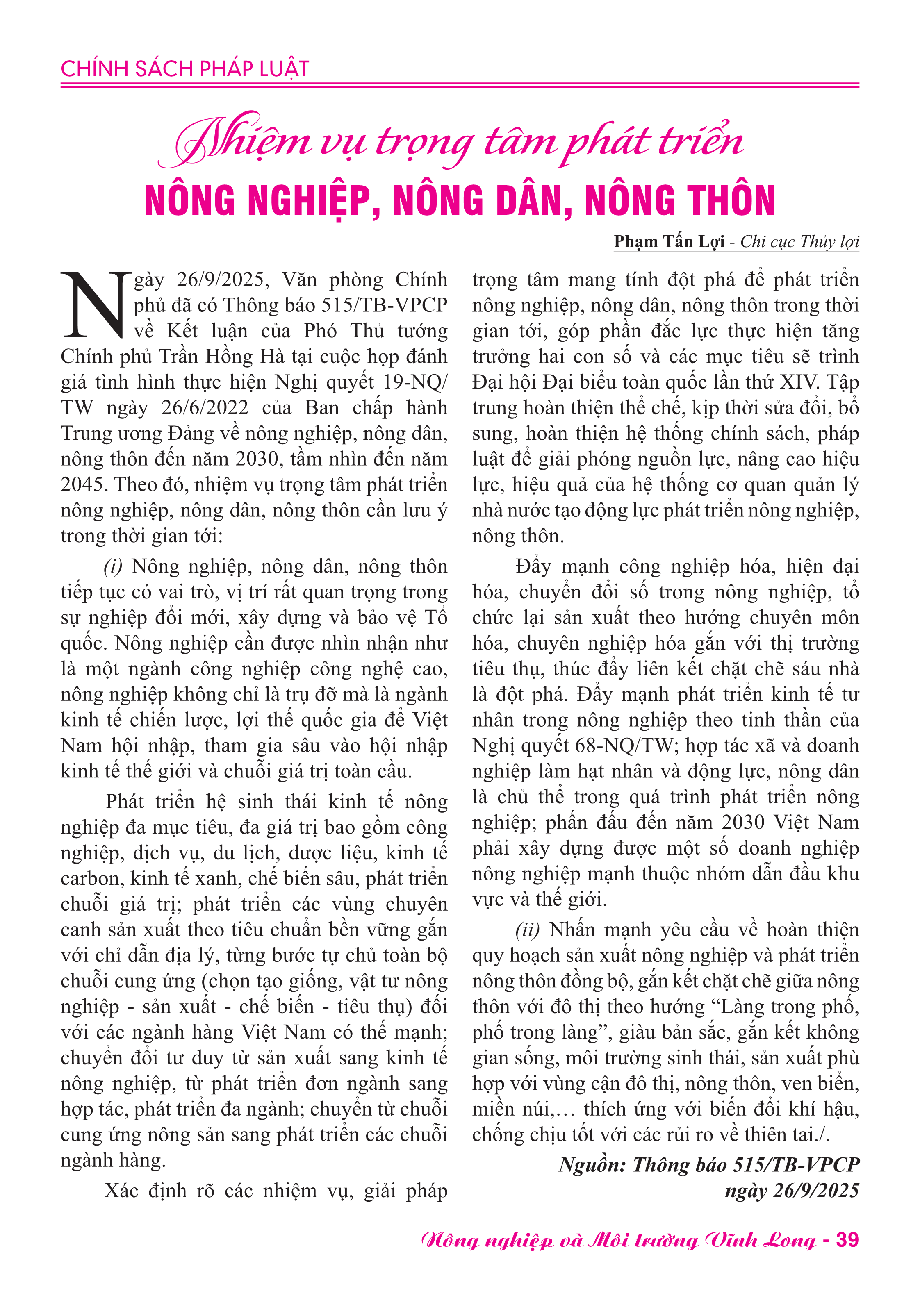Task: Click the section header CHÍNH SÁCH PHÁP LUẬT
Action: [x=185, y=69]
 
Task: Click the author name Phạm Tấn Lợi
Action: [x=669, y=242]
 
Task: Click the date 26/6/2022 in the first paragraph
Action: [x=205, y=407]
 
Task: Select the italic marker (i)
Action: [x=113, y=566]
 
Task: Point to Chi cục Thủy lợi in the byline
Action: [x=799, y=242]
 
